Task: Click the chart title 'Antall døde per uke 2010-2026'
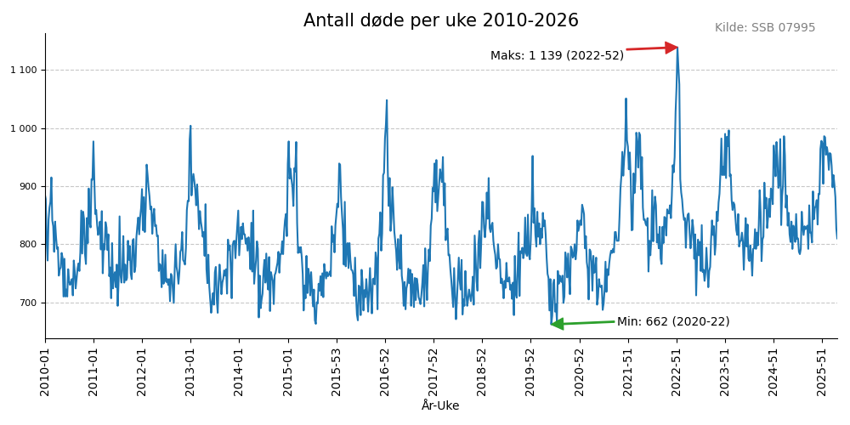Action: point(440,20)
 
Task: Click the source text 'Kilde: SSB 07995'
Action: point(764,28)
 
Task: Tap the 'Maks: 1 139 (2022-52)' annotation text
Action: point(557,55)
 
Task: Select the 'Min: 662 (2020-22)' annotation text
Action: point(672,321)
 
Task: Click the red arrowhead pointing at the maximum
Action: point(671,48)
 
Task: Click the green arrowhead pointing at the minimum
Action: point(557,324)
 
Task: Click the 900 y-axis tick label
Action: point(29,186)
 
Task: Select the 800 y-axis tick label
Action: point(29,245)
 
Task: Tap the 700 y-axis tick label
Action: point(29,303)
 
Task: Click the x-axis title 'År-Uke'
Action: point(440,406)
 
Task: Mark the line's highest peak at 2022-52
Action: point(677,48)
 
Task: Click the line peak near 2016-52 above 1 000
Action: point(387,100)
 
